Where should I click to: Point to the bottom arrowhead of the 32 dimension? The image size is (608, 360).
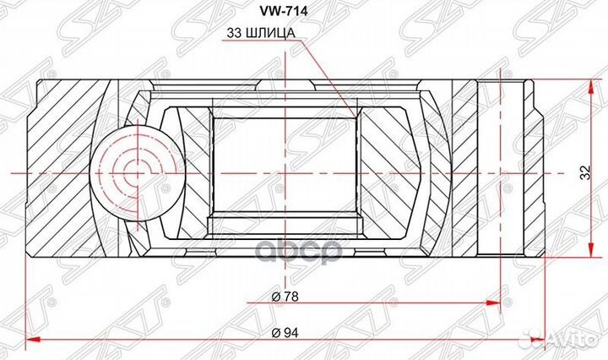587,254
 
